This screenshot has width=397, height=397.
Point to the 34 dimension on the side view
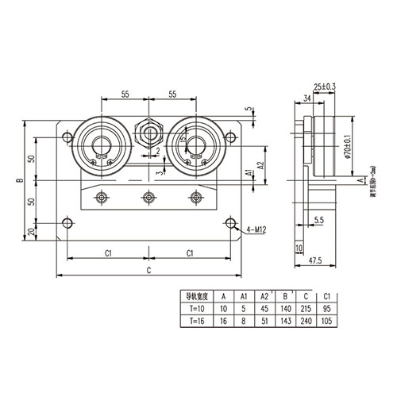pos(307,98)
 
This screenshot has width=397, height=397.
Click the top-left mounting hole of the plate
pos(65,137)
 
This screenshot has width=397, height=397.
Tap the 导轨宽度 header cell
pos(195,296)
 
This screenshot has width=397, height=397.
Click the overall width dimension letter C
pos(147,271)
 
